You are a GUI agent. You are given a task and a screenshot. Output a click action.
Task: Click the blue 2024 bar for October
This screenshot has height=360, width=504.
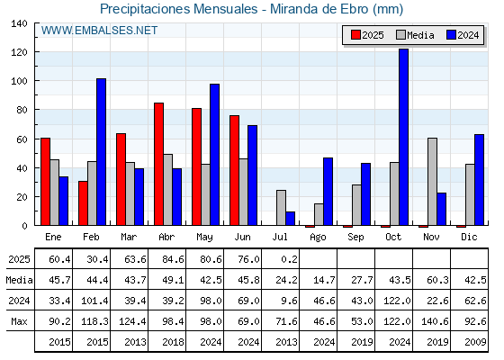click(x=404, y=137)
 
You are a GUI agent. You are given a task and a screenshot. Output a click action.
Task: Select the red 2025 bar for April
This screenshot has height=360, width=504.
click(x=158, y=164)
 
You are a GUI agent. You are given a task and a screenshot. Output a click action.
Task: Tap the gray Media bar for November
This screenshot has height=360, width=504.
click(x=432, y=182)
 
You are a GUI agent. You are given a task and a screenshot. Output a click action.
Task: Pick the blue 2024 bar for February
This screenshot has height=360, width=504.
click(x=101, y=152)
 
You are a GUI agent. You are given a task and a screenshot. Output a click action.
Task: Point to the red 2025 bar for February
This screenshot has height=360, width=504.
click(x=83, y=203)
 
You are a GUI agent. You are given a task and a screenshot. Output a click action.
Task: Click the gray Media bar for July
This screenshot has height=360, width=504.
click(x=281, y=208)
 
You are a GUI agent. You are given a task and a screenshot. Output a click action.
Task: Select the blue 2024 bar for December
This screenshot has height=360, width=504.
click(x=479, y=180)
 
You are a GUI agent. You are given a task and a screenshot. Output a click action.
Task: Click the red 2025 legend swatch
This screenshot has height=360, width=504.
click(x=355, y=35)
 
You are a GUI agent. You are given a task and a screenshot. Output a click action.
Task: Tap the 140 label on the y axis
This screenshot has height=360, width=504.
click(x=19, y=23)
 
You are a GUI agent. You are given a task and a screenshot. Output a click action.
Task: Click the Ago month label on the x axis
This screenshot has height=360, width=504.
click(x=318, y=238)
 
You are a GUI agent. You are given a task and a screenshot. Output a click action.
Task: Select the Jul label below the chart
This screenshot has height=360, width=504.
click(x=280, y=237)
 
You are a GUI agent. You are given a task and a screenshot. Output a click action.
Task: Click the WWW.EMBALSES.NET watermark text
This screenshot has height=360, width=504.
click(x=99, y=31)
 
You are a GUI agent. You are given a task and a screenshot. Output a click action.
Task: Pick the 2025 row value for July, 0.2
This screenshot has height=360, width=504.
click(x=289, y=259)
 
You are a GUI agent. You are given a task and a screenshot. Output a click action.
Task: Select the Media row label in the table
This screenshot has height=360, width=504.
click(x=19, y=280)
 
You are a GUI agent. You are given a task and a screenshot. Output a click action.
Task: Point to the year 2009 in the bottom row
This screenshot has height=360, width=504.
click(x=475, y=342)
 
